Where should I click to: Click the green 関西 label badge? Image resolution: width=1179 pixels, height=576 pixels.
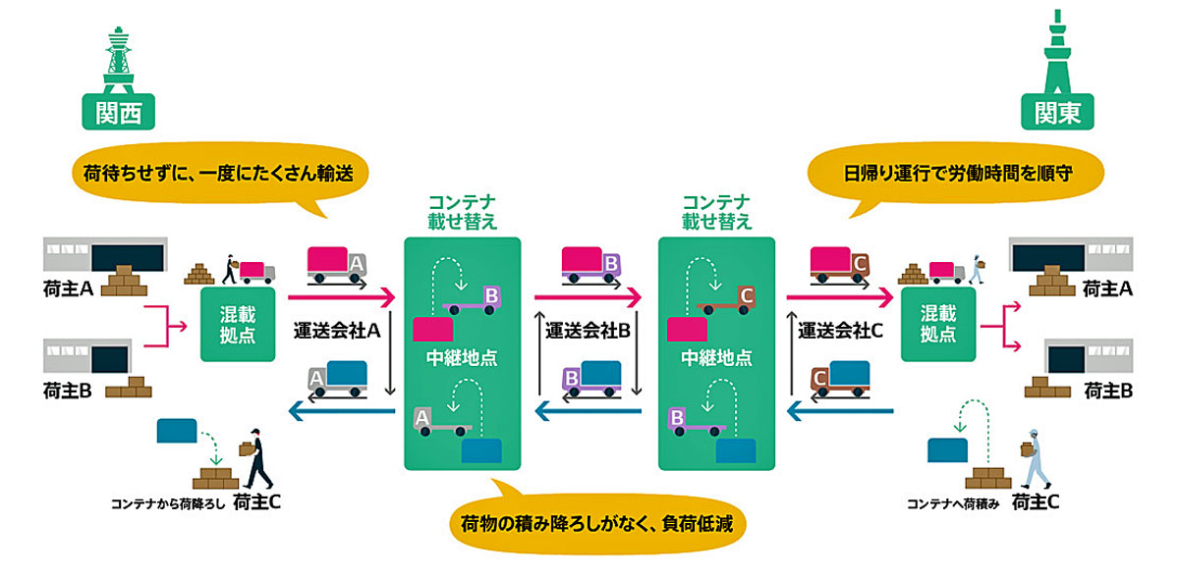point(119,112)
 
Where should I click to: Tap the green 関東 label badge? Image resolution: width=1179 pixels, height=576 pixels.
point(1057,112)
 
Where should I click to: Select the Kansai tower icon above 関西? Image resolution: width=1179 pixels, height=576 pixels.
point(119,60)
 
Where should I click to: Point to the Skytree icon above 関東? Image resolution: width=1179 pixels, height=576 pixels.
point(1057,51)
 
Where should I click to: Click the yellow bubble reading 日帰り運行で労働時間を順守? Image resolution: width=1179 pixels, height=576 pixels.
point(955,175)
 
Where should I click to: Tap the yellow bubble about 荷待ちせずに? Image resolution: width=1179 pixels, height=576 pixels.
point(220,175)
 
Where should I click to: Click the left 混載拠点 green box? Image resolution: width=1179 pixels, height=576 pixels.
point(238,324)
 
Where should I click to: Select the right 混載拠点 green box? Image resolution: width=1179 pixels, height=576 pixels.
point(938,324)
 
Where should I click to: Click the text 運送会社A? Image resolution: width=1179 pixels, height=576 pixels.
point(337,331)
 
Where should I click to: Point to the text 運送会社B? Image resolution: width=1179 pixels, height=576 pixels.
point(588,331)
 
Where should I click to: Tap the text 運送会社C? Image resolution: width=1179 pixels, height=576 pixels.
point(841,331)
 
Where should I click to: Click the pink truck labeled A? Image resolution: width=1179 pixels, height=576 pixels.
point(337,266)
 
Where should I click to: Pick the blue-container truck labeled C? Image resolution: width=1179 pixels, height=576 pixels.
point(840,380)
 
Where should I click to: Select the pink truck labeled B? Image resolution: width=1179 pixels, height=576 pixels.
point(591,266)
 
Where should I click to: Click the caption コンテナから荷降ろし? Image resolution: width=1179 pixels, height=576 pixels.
point(168,504)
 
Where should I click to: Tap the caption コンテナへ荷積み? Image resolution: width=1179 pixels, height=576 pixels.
point(953,504)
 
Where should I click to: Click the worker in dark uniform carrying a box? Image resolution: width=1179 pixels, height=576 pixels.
point(256,458)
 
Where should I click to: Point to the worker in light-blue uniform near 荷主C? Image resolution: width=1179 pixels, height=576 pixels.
point(1035,459)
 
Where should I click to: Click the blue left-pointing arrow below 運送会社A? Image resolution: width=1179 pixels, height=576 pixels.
point(342,411)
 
